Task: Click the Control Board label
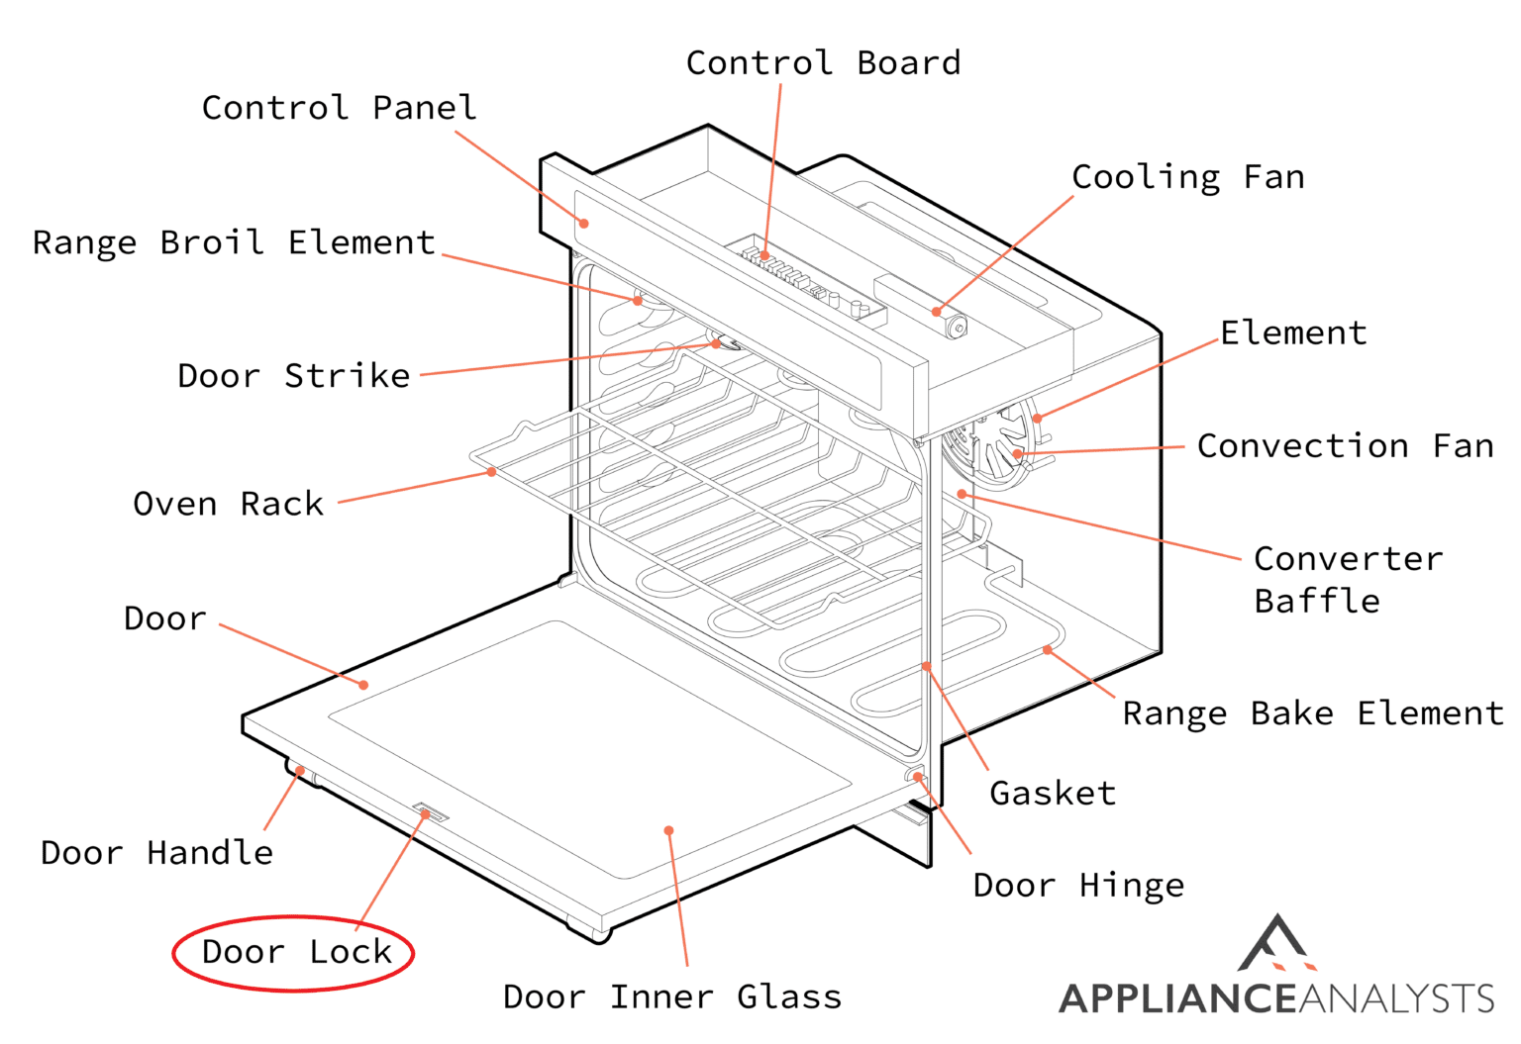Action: tap(823, 63)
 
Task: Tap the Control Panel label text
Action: tap(339, 108)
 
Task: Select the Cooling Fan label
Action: tap(1187, 177)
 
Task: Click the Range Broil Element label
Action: tap(234, 242)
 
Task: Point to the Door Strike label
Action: tap(293, 376)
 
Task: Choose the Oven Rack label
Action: tap(228, 504)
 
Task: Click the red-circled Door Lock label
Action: tap(295, 952)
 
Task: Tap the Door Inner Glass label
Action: tap(672, 997)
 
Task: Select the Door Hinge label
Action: tap(1078, 885)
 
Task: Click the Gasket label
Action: tap(1053, 793)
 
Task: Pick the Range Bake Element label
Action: tap(1312, 713)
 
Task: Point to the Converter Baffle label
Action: tap(1347, 580)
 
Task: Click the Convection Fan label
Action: tap(1345, 446)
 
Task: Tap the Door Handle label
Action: tap(156, 852)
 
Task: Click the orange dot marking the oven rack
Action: tap(491, 472)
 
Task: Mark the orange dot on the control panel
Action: tap(584, 224)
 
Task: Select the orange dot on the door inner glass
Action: tap(669, 830)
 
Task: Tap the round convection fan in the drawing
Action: tap(990, 445)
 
